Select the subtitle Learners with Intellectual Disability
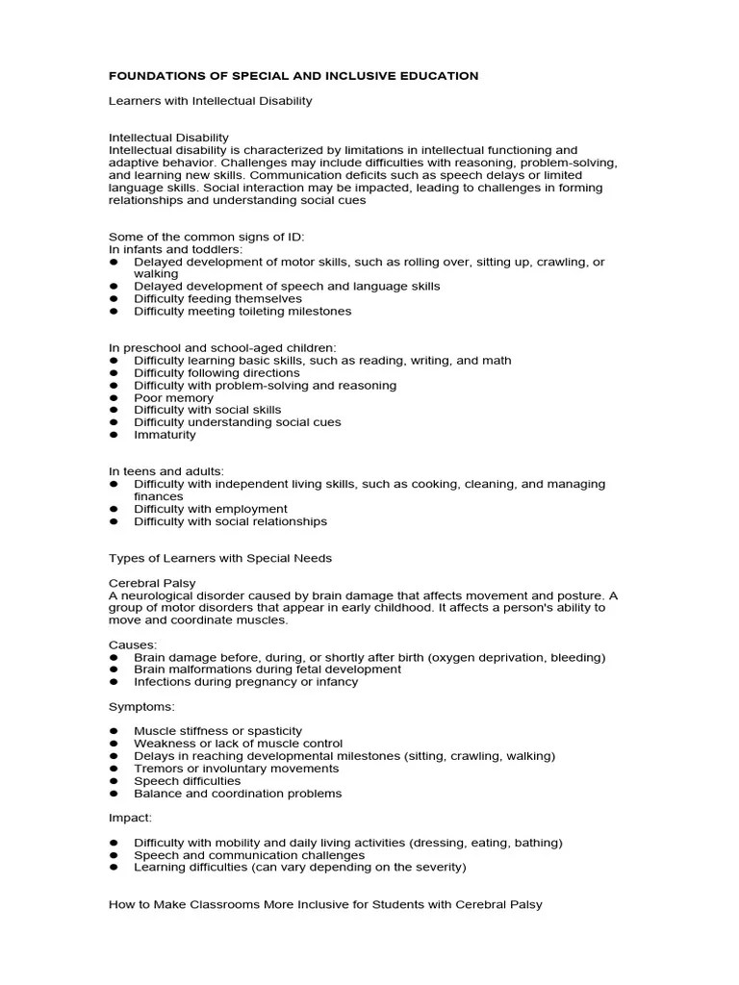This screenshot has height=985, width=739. click(x=210, y=100)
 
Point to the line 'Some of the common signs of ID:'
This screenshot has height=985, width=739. click(x=206, y=237)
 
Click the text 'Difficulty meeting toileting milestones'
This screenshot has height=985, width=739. click(x=242, y=311)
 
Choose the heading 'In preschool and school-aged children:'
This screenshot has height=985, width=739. click(x=222, y=347)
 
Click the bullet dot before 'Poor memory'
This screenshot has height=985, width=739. click(x=114, y=397)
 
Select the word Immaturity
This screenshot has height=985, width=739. click(x=165, y=434)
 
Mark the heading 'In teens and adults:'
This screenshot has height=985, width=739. click(x=166, y=471)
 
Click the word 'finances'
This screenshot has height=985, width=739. click(x=159, y=496)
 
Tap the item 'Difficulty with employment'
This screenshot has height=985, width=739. click(x=211, y=509)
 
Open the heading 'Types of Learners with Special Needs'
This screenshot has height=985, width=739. click(x=220, y=558)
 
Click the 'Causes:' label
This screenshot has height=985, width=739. click(x=133, y=644)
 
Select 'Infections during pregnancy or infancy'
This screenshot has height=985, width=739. click(x=245, y=681)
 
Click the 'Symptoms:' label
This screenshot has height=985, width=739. click(x=140, y=706)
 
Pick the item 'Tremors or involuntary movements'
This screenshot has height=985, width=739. click(x=236, y=769)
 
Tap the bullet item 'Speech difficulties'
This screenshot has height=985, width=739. click(x=188, y=781)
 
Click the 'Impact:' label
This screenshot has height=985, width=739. click(x=130, y=818)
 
